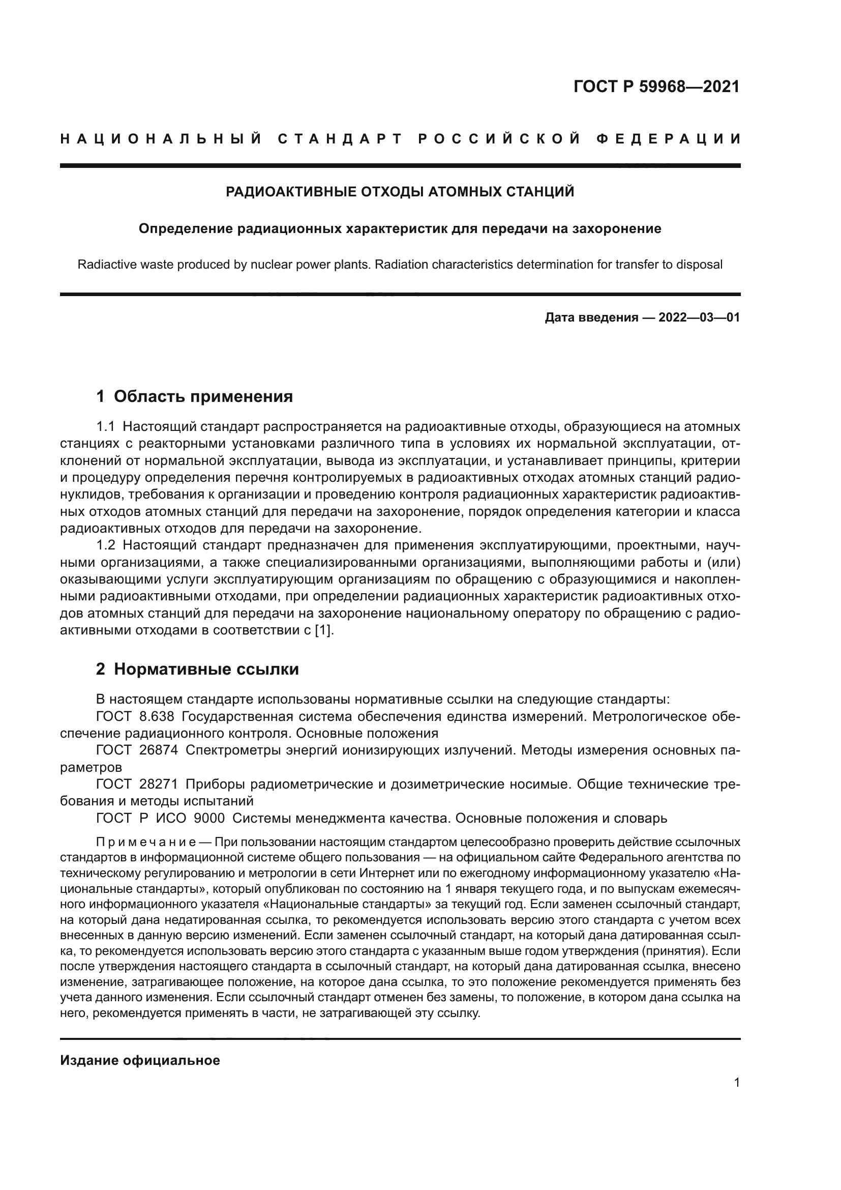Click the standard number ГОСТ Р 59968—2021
656,86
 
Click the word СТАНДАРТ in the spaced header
340,139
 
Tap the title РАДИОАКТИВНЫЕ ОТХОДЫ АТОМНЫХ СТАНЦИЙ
400,192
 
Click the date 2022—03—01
699,317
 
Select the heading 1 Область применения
194,396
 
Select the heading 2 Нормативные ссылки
197,669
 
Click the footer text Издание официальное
140,1060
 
